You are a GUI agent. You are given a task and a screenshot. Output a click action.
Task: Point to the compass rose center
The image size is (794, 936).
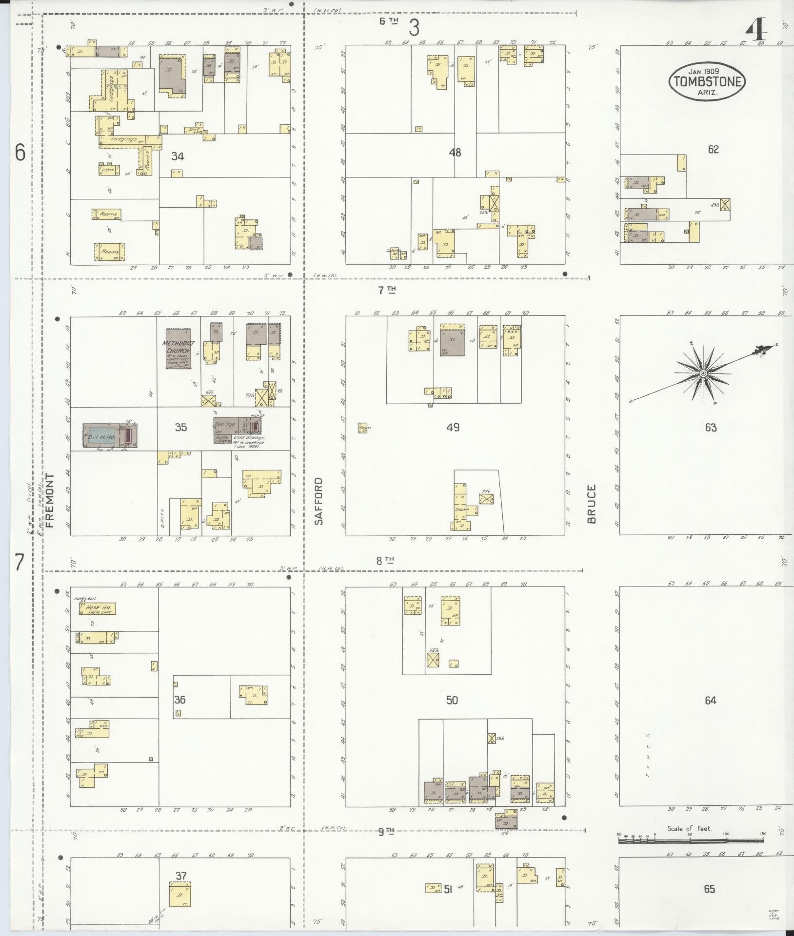click(703, 373)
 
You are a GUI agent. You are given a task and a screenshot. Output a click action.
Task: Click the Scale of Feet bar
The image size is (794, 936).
click(691, 840)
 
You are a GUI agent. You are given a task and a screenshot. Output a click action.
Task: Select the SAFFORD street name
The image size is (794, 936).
click(318, 501)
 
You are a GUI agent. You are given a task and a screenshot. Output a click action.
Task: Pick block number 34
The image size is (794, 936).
click(178, 156)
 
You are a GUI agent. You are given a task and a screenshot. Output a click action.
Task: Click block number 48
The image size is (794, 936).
click(455, 153)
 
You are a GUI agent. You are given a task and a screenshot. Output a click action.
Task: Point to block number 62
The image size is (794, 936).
click(713, 150)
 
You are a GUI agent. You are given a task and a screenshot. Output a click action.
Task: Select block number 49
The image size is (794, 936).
click(453, 428)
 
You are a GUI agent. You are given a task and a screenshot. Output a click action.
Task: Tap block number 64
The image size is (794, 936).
click(711, 701)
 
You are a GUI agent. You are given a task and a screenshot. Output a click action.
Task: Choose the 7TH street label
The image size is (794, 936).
click(387, 291)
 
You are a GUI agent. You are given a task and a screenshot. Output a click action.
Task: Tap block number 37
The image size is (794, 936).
click(181, 876)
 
